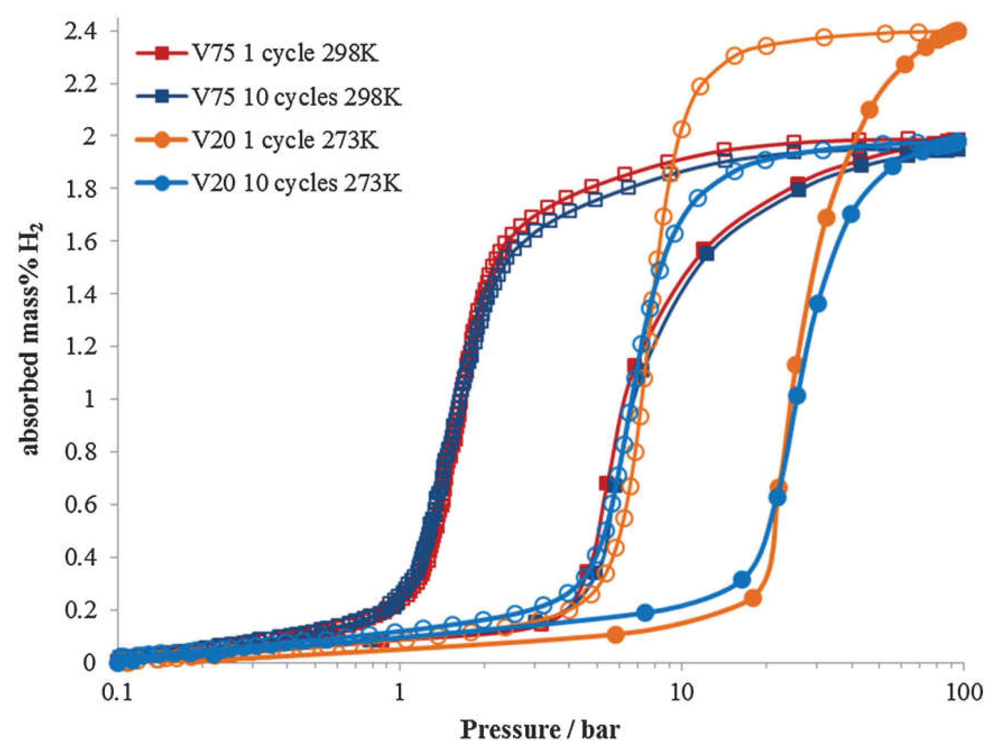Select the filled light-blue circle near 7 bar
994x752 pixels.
pyautogui.click(x=645, y=612)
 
